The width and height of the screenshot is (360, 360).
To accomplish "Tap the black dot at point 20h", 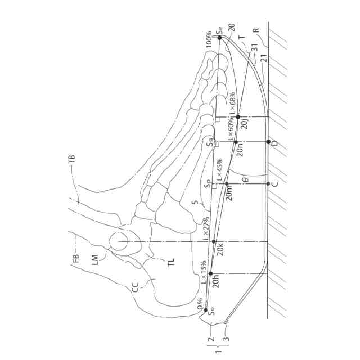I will tap(211, 273).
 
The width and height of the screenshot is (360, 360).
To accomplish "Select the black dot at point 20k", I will tap(214, 242).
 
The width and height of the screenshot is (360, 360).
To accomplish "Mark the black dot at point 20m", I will tap(226, 184).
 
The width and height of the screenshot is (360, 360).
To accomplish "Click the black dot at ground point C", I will tap(268, 184).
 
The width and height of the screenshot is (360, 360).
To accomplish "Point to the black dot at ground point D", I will tap(268, 141).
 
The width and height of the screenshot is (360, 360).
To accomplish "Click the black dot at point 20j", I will tap(238, 116).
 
